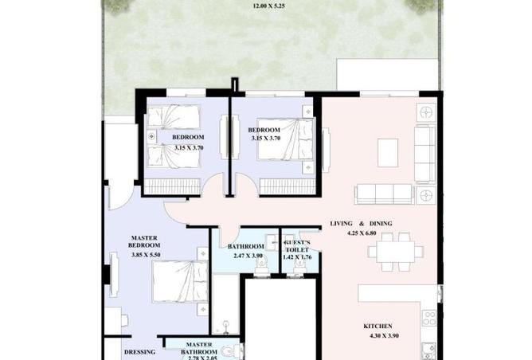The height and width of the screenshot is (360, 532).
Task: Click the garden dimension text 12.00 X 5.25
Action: (268, 6)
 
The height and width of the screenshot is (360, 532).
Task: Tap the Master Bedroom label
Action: (144, 241)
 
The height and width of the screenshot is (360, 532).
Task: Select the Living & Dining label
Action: (361, 224)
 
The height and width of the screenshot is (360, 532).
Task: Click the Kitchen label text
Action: (377, 326)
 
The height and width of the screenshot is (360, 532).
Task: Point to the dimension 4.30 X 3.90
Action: (384, 336)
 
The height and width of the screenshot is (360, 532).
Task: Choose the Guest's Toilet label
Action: (298, 246)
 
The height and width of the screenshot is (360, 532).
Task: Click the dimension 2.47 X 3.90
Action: (248, 256)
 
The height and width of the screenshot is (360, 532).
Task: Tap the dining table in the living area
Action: (396, 252)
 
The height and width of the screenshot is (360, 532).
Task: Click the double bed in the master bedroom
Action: (180, 281)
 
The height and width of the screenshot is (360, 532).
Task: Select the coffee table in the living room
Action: (388, 153)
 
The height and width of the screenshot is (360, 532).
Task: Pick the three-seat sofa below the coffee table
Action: (384, 194)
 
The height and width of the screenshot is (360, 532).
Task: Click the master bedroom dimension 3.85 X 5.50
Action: (146, 255)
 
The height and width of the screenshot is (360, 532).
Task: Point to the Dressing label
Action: (139, 352)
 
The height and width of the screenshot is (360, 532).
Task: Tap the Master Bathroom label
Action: (199, 349)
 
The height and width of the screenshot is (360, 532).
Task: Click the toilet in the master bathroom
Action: (231, 350)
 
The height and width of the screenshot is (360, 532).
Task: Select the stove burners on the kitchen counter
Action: (428, 319)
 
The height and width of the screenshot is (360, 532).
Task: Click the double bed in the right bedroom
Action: (285, 139)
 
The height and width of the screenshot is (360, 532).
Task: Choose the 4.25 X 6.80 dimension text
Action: (362, 233)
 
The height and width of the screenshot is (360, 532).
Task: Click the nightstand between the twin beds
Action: (151, 136)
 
